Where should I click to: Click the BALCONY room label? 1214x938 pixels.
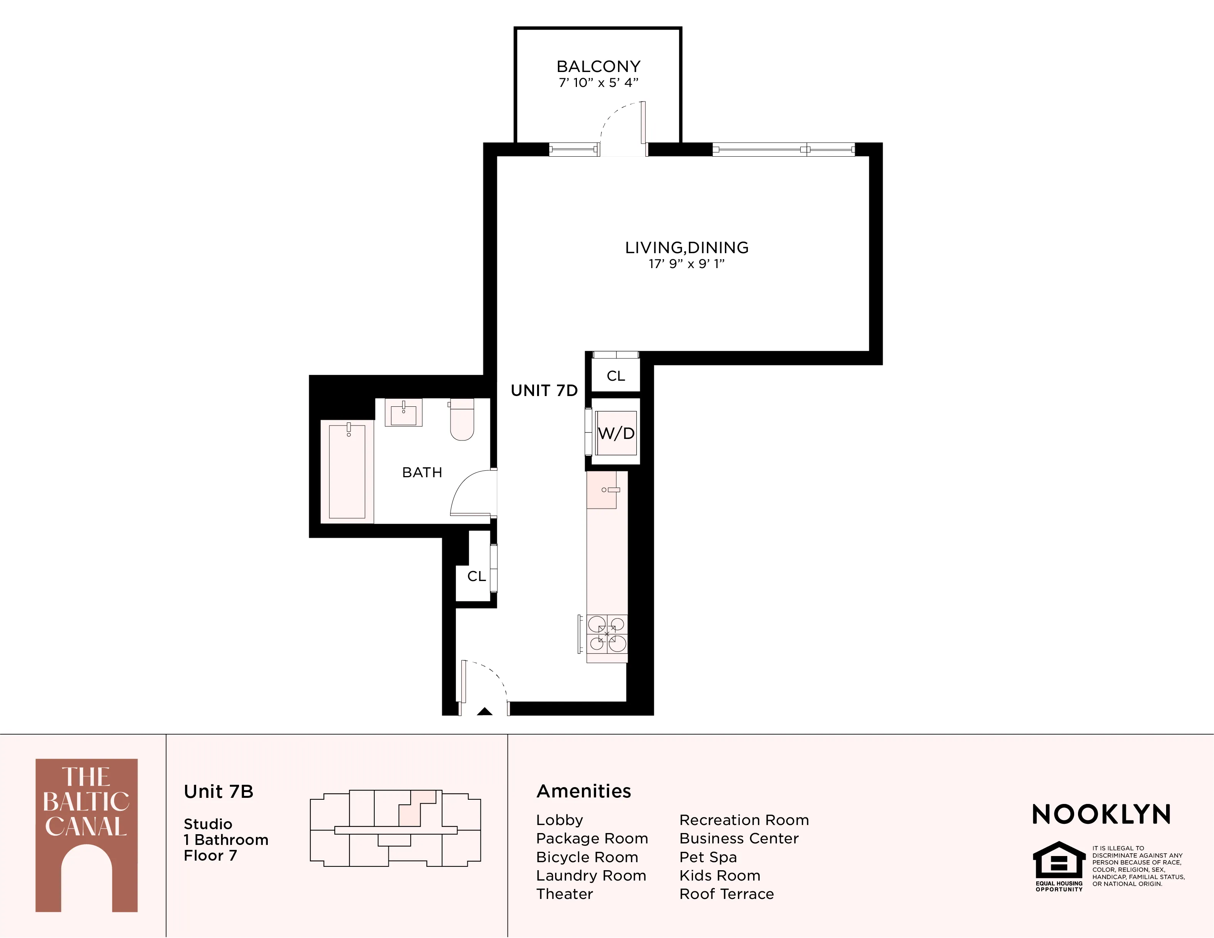[x=598, y=67]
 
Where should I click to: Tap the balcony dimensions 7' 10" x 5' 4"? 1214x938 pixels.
[x=598, y=83]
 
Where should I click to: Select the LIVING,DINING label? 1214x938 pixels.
[x=686, y=248]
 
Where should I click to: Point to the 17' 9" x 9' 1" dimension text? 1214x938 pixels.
[x=686, y=264]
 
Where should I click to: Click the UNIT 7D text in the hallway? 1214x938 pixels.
[x=544, y=391]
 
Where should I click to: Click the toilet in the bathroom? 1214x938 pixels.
[x=461, y=420]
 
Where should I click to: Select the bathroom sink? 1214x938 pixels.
[x=403, y=413]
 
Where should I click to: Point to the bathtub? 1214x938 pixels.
[x=347, y=471]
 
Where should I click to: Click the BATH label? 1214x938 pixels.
[x=422, y=472]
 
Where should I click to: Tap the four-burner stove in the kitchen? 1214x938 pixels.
[x=607, y=634]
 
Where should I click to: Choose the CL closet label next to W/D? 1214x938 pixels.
[x=615, y=376]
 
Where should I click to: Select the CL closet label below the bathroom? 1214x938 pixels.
[x=477, y=576]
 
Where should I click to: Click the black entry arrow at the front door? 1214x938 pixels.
[x=485, y=711]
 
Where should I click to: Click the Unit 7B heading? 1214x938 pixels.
[x=218, y=791]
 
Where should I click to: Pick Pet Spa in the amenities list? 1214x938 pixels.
[x=708, y=857]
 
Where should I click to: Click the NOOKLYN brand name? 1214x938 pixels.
[x=1101, y=815]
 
